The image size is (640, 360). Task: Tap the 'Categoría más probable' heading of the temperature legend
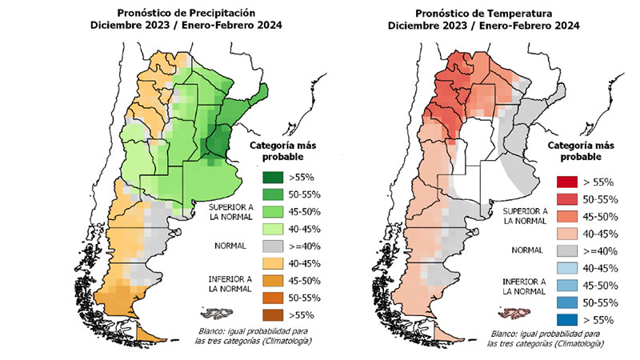point(582,150)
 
